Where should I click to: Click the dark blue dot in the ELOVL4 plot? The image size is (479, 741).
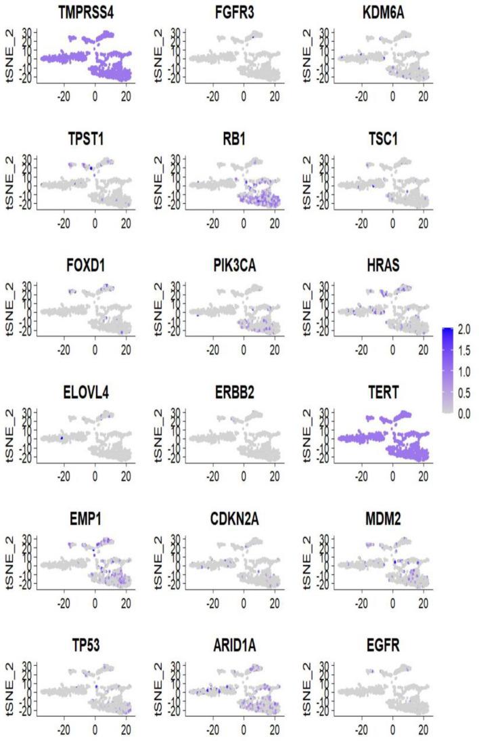(61, 439)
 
